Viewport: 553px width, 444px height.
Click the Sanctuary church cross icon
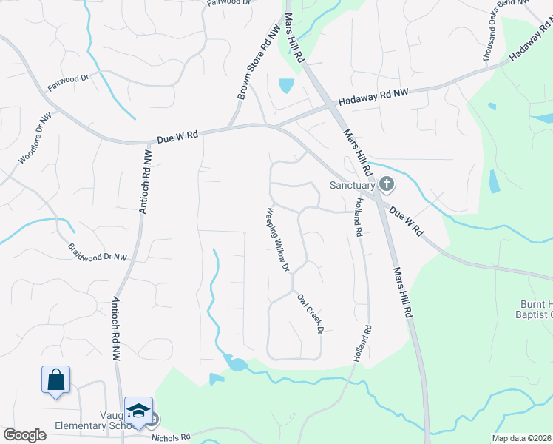coord(386,183)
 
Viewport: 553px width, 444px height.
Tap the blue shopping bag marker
coord(55,380)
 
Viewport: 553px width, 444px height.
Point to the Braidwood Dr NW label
coord(98,252)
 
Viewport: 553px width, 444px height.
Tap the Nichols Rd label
coord(171,437)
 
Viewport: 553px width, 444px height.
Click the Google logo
coord(24,435)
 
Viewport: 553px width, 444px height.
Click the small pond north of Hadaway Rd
coord(285,86)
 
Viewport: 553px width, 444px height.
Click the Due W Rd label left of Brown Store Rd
coord(178,138)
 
